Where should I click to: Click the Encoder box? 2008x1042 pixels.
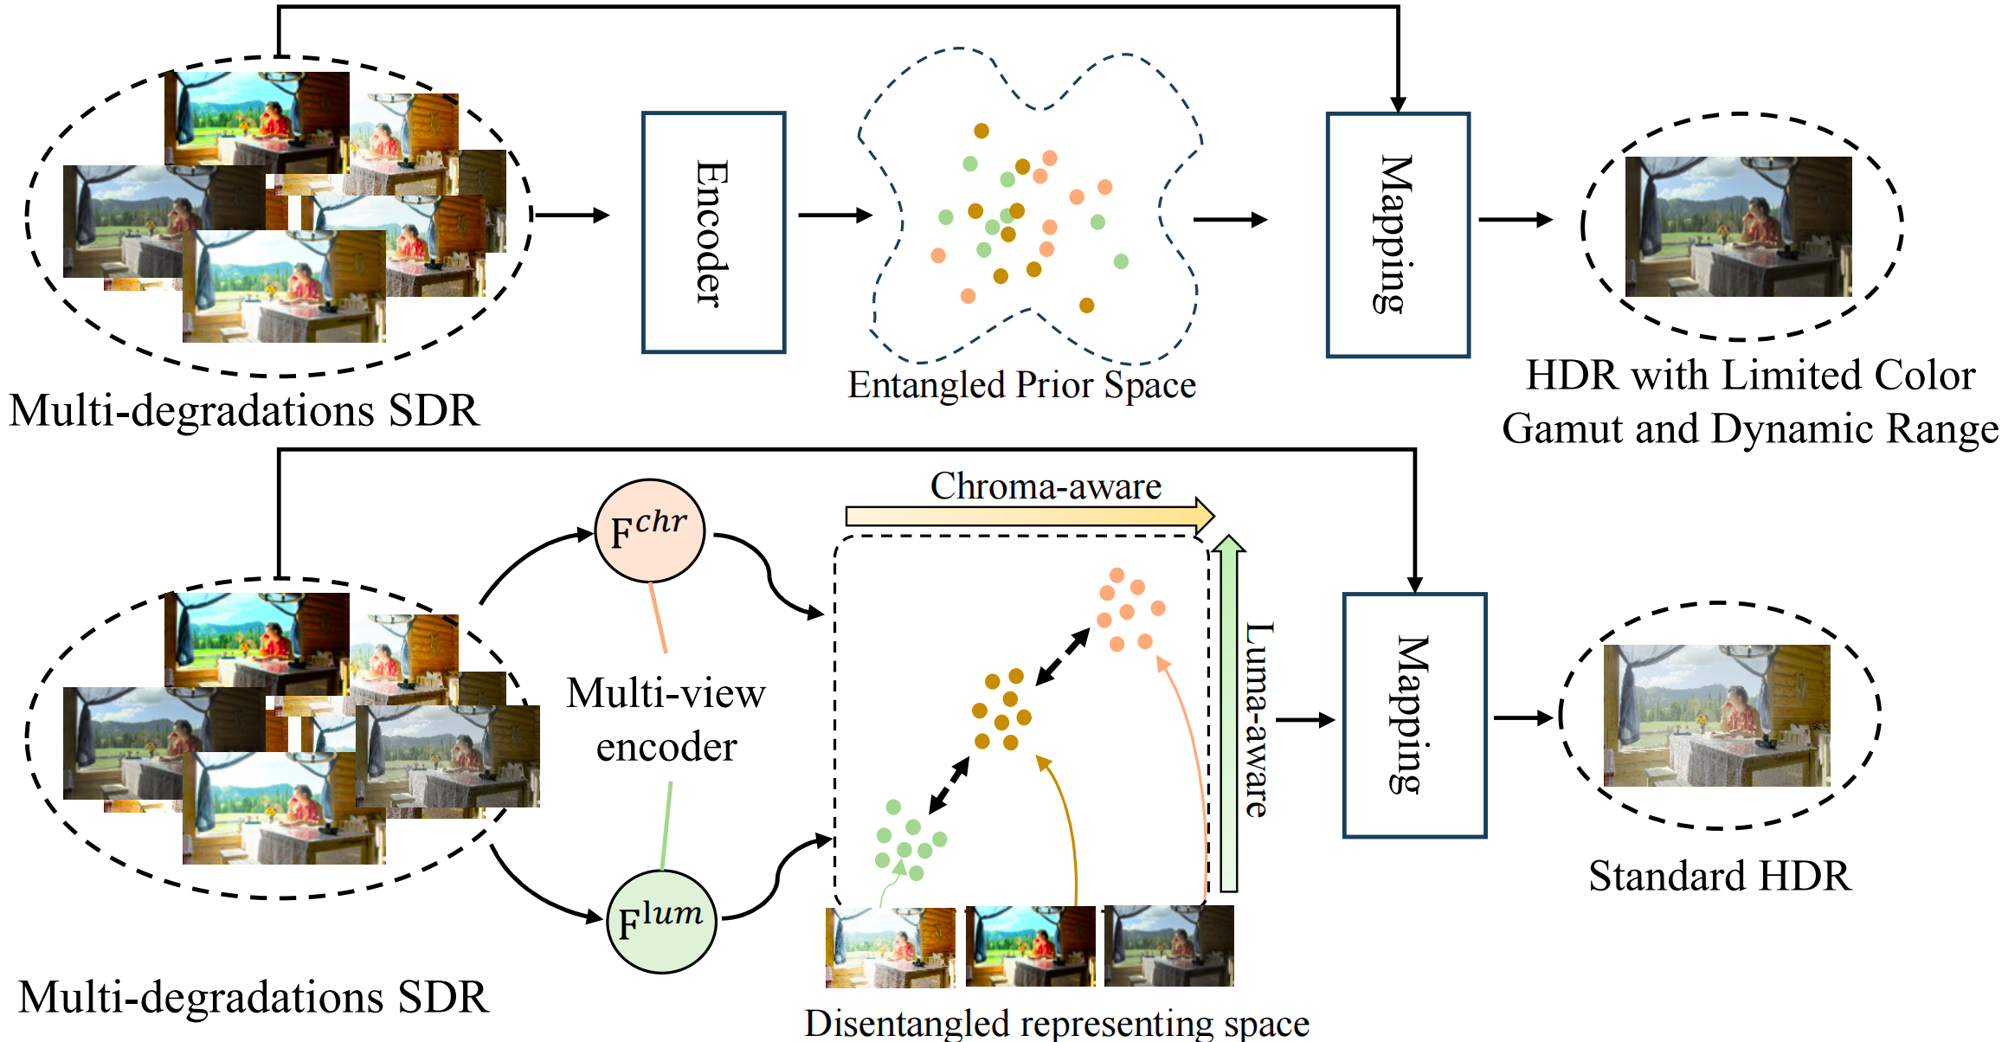[x=713, y=232]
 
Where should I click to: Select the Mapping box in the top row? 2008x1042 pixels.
[x=1397, y=234]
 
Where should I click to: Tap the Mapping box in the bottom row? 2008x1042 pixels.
[x=1414, y=715]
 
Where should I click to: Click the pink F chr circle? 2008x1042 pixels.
[x=649, y=531]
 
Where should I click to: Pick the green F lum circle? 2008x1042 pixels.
[x=661, y=921]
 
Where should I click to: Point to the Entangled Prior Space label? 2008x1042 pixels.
[x=1021, y=385]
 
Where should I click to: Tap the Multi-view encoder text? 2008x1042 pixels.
[x=666, y=719]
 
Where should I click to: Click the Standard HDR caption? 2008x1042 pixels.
[x=1719, y=876]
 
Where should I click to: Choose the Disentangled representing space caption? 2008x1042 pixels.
[x=1056, y=1024]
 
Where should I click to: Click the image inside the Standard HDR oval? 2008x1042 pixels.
[x=1716, y=715]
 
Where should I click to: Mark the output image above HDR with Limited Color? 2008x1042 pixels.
[x=1738, y=227]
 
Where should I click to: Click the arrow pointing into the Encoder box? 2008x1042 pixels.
[x=571, y=215]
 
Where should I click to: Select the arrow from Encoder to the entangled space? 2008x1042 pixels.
[x=834, y=215]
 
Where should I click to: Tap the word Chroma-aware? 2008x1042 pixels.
[x=1046, y=486]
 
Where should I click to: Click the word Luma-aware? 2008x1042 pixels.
[x=1258, y=718]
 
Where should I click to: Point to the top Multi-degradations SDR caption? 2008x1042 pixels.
[x=244, y=410]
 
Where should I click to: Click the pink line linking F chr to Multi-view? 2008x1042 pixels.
[x=658, y=617]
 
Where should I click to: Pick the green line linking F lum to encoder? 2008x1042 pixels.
[x=666, y=826]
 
